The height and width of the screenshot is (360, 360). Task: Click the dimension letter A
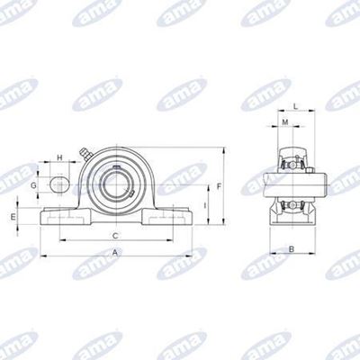point(115,253)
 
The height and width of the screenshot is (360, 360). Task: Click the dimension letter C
point(115,236)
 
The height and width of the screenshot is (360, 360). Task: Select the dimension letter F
point(219,187)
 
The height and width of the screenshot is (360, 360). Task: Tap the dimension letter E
point(13,217)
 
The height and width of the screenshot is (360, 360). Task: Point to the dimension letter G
point(33,185)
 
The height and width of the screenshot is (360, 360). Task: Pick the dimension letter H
point(59,157)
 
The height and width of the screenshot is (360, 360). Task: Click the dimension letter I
point(205,205)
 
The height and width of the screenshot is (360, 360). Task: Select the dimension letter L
point(295,106)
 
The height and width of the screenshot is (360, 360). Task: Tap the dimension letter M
point(285,122)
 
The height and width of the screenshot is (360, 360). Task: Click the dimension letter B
point(292,248)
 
